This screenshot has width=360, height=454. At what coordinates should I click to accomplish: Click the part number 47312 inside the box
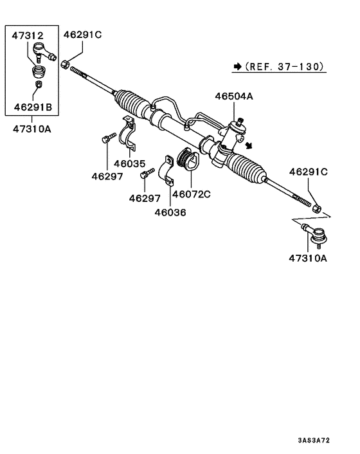coord(28,36)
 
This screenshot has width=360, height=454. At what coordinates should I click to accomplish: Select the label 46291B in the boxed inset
coord(32,105)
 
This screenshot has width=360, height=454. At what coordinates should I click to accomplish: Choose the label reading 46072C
coord(193,193)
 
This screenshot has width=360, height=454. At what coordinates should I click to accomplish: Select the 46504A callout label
coord(234,96)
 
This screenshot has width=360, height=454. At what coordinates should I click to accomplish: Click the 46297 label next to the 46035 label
coord(106,176)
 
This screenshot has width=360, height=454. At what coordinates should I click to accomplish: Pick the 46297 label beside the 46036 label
coord(144,198)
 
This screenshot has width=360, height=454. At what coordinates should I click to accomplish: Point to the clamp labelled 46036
coord(168,171)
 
